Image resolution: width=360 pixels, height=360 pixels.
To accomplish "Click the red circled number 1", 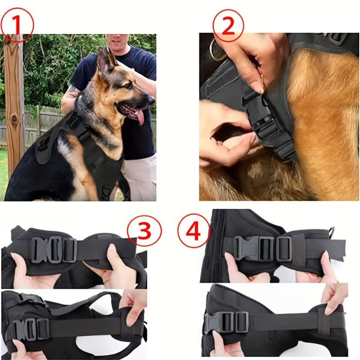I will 18,25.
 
